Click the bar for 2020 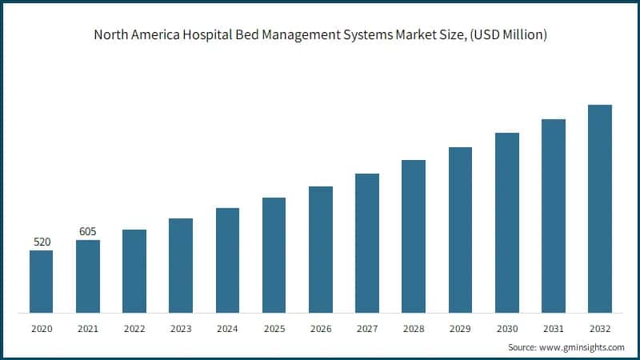pos(42,281)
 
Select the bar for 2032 pos(600,208)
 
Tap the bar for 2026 pos(321,249)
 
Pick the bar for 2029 pos(460,230)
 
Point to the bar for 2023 pos(181,265)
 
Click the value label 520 pos(42,242)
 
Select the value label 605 pos(88,231)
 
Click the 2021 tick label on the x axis pos(88,328)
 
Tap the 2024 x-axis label pos(227,328)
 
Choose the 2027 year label pos(367,328)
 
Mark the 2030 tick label pos(506,328)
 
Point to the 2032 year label pos(600,328)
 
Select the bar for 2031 pos(554,215)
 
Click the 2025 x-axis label pos(274,328)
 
